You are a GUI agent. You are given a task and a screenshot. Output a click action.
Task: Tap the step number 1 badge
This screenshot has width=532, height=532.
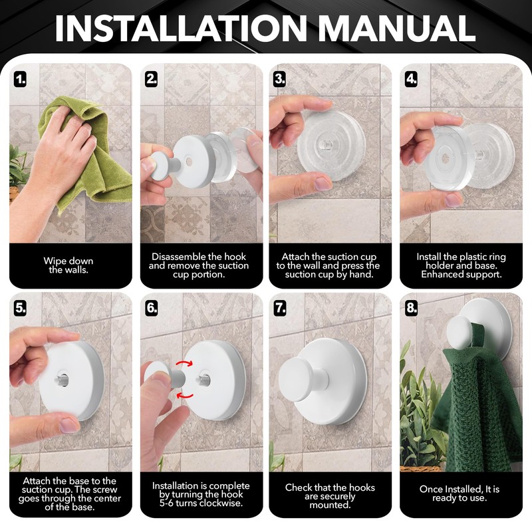click(x=21, y=80)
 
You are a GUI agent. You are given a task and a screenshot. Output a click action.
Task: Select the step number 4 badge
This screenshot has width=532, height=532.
click(x=411, y=79)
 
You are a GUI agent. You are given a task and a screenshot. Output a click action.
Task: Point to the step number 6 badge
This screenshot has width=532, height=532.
click(x=152, y=308)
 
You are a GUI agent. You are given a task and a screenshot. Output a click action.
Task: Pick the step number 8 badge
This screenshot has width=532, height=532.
click(x=411, y=308)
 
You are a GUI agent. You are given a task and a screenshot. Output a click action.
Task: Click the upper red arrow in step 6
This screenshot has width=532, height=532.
click(x=184, y=364)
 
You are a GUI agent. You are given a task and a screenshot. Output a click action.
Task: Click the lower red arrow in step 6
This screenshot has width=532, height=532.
click(x=186, y=394)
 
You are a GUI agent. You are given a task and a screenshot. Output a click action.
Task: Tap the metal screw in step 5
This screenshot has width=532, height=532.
click(x=63, y=377)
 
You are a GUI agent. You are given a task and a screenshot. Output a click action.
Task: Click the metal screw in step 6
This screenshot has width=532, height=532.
click(x=203, y=380)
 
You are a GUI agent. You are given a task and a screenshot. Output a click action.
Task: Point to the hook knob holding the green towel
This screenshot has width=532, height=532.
click(x=461, y=333)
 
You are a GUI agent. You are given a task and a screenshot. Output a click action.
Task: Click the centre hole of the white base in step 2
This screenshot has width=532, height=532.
click(x=189, y=162)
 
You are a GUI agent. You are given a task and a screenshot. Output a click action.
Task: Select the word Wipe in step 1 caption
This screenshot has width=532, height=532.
click(x=54, y=261)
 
